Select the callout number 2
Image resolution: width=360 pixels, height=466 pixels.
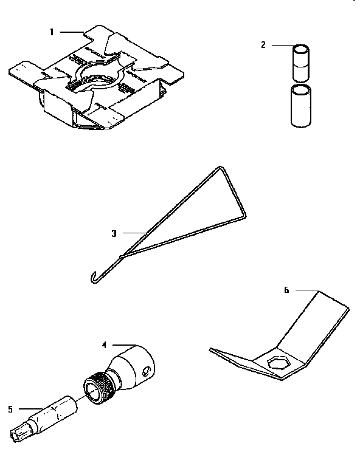coord(263,44)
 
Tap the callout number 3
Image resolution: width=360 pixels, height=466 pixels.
coord(114,232)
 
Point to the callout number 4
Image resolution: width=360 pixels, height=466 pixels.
coord(104,344)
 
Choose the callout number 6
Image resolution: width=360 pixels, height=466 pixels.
coord(286,290)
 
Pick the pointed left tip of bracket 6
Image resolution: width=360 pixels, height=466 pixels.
coord(210,349)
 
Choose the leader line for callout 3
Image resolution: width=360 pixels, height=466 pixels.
coord(131,232)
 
